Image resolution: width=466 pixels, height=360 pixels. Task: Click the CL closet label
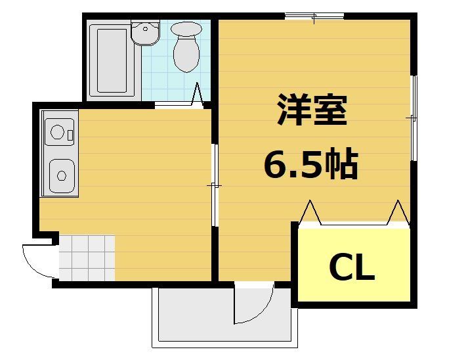(x=351, y=267)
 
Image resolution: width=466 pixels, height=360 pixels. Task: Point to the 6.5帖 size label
(x=310, y=164)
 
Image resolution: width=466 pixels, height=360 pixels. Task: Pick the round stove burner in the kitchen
(x=56, y=133)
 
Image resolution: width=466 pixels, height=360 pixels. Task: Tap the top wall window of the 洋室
(x=314, y=16)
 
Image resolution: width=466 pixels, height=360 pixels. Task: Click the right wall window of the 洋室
(x=413, y=118)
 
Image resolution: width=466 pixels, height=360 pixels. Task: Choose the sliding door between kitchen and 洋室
(x=214, y=185)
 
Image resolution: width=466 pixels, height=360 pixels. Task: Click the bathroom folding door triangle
(x=197, y=95)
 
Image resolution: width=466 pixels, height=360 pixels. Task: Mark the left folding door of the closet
(x=309, y=213)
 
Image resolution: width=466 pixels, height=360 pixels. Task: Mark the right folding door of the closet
(x=398, y=213)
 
